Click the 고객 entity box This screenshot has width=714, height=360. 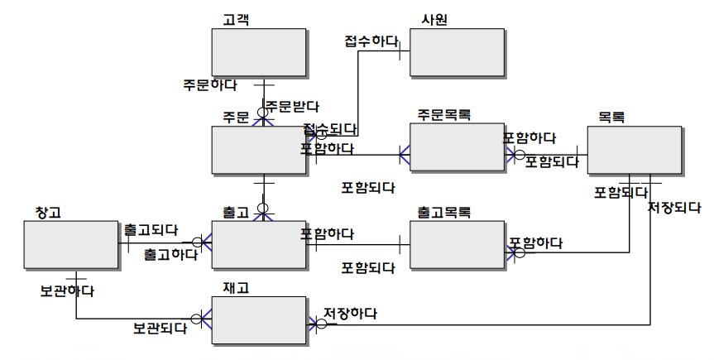click(258, 53)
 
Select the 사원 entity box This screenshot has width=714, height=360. click(457, 53)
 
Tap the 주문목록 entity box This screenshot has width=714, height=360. click(457, 147)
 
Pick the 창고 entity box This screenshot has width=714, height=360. click(71, 244)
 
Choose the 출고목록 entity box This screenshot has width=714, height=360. click(457, 244)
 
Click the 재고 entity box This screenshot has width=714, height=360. click(258, 319)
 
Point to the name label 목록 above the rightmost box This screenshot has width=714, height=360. click(611, 117)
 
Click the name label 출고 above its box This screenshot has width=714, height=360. click(236, 213)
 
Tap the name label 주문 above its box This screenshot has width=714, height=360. click(236, 117)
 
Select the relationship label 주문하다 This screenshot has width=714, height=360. click(210, 84)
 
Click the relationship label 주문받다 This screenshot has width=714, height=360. click(292, 106)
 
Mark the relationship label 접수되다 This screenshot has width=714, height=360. click(330, 129)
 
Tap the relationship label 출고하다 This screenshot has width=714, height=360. click(170, 253)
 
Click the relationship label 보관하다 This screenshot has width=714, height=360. click(66, 290)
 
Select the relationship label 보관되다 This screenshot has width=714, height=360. click(160, 329)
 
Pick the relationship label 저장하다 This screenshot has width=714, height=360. click(350, 314)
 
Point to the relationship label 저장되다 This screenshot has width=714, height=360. click(674, 207)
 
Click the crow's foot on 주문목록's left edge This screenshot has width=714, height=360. click(405, 155)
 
